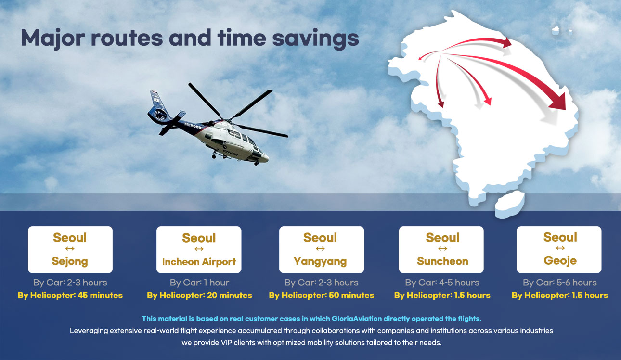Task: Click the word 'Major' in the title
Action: [x=52, y=39]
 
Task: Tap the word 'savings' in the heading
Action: [x=315, y=39]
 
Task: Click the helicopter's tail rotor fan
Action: [x=160, y=115]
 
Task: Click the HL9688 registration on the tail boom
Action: [x=193, y=126]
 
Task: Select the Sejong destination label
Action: [x=70, y=261]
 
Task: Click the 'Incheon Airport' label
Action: [x=199, y=262]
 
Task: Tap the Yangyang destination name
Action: [x=320, y=261]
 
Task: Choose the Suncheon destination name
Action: [x=442, y=261]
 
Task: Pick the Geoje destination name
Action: [x=560, y=261]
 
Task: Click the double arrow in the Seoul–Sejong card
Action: [x=70, y=249]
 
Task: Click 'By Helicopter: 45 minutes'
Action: [x=70, y=295]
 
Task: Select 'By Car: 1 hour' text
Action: [x=199, y=283]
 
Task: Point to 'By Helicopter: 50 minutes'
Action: [x=321, y=295]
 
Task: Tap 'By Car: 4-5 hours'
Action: [x=442, y=283]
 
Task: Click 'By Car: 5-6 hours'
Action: [x=560, y=283]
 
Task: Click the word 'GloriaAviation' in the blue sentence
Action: [x=354, y=319]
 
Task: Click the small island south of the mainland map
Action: [x=509, y=204]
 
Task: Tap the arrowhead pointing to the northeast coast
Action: [x=507, y=42]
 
